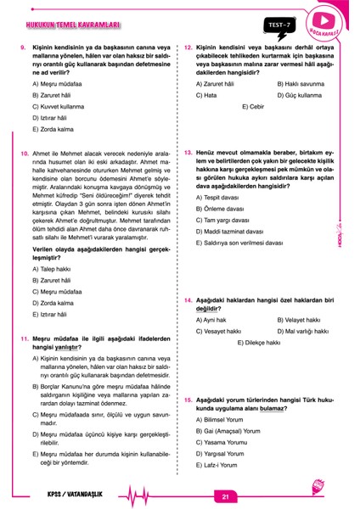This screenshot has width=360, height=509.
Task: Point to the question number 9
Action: point(23,48)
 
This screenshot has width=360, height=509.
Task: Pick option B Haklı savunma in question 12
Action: point(301,85)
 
